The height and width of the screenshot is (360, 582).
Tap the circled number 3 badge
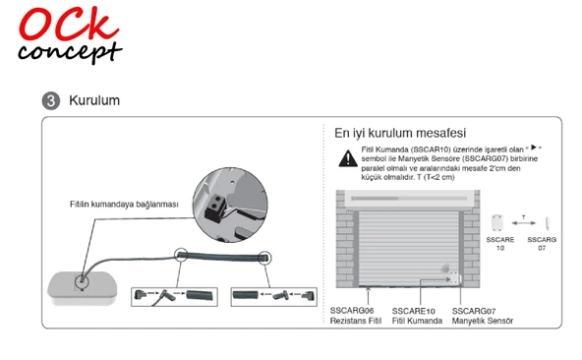point(50,101)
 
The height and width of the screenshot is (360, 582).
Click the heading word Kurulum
point(94,101)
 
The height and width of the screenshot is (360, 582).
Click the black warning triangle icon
point(348,158)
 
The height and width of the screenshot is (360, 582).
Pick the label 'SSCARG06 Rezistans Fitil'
point(353,316)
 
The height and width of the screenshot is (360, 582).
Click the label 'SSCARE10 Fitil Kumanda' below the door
point(413,316)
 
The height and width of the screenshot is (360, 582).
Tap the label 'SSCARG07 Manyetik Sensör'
point(476,316)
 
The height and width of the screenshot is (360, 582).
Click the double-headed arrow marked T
point(524,218)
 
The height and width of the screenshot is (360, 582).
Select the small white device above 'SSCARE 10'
point(499,222)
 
